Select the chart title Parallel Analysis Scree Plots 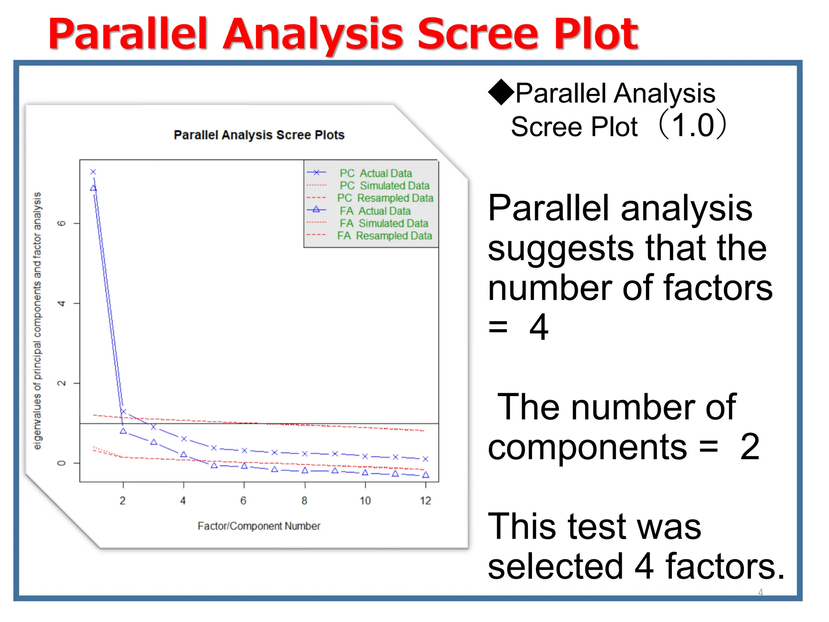point(259,135)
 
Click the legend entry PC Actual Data point(376,173)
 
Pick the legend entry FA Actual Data point(375,211)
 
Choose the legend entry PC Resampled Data point(385,198)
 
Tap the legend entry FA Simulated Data point(384,223)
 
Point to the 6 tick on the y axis point(62,223)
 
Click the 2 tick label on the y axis point(62,383)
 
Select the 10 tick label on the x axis point(365,501)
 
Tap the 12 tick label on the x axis point(425,501)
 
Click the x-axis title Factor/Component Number point(259,526)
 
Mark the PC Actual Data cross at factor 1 point(93,172)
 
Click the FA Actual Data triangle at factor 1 point(93,188)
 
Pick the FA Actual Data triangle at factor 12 point(425,475)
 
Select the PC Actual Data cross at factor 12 point(425,459)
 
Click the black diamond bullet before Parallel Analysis point(501,92)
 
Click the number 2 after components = point(750,447)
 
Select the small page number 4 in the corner point(760,592)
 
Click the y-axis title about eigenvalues point(37,320)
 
